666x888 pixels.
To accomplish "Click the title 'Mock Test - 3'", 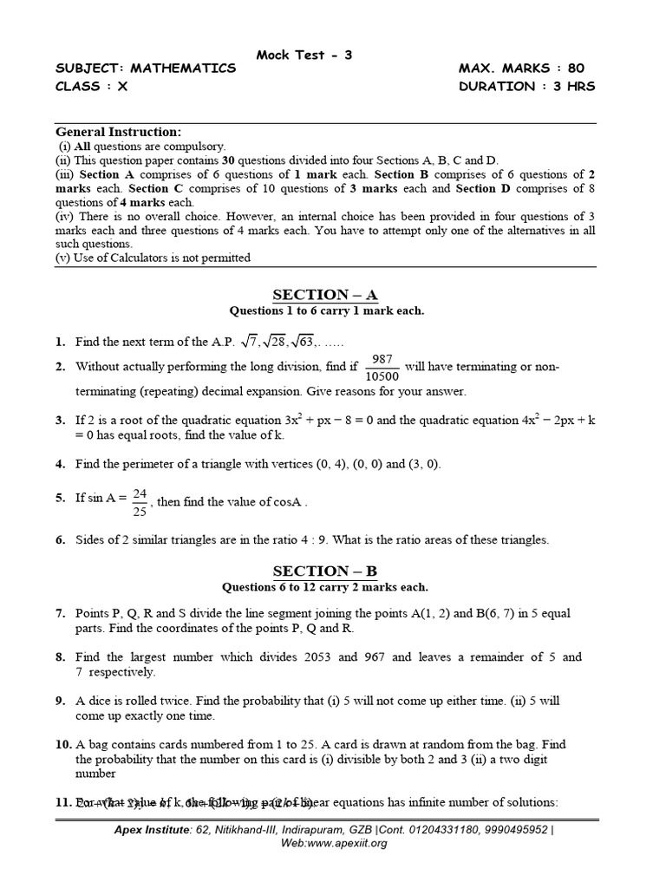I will click(304, 55).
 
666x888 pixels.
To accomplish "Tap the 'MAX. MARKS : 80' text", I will click(526, 69).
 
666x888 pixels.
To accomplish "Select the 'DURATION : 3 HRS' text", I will click(526, 86).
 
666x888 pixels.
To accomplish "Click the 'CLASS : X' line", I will click(91, 86).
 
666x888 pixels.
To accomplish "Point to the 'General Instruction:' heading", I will click(119, 132).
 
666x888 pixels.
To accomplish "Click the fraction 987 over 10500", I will click(382, 367).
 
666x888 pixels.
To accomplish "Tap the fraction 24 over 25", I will click(139, 501).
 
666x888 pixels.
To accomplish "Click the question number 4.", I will click(61, 464).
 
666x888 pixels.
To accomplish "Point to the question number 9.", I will click(61, 701).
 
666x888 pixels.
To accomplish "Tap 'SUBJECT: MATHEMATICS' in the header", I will click(146, 69).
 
